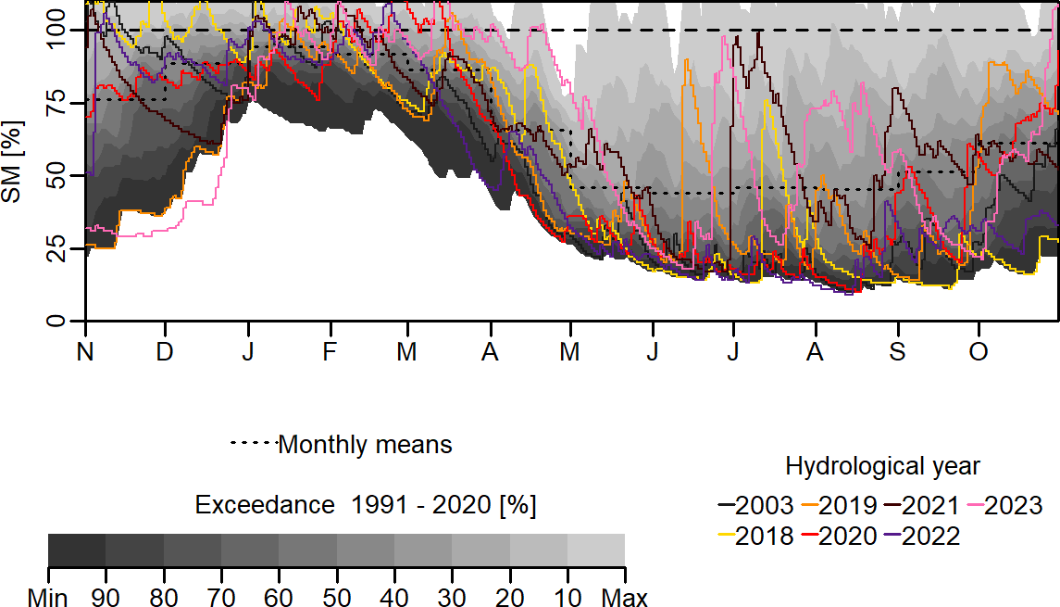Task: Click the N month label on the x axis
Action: point(85,352)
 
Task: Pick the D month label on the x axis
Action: point(165,352)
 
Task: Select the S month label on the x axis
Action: point(896,352)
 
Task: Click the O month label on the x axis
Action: point(978,352)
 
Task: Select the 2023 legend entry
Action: point(1013,506)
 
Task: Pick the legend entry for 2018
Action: point(764,536)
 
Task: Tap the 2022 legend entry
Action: point(930,536)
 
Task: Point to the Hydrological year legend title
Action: point(881,465)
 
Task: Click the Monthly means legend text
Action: point(365,445)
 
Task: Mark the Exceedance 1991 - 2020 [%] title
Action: point(366,506)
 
